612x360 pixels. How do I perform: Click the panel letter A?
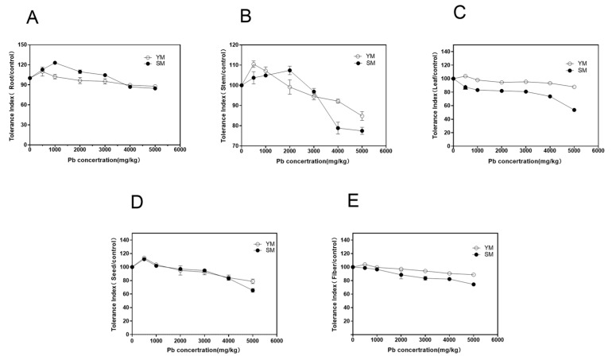[32, 17]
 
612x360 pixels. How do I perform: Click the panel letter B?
[246, 17]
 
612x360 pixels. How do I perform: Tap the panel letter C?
[458, 14]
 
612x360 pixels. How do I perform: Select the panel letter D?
[136, 202]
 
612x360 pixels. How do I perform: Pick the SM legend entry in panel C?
[578, 71]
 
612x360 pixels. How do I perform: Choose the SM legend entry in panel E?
[482, 254]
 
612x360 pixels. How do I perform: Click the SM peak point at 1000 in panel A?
[55, 63]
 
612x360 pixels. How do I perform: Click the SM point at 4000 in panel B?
[338, 128]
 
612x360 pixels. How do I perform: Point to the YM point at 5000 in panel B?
[362, 116]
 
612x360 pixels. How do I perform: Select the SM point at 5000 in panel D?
[253, 291]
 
